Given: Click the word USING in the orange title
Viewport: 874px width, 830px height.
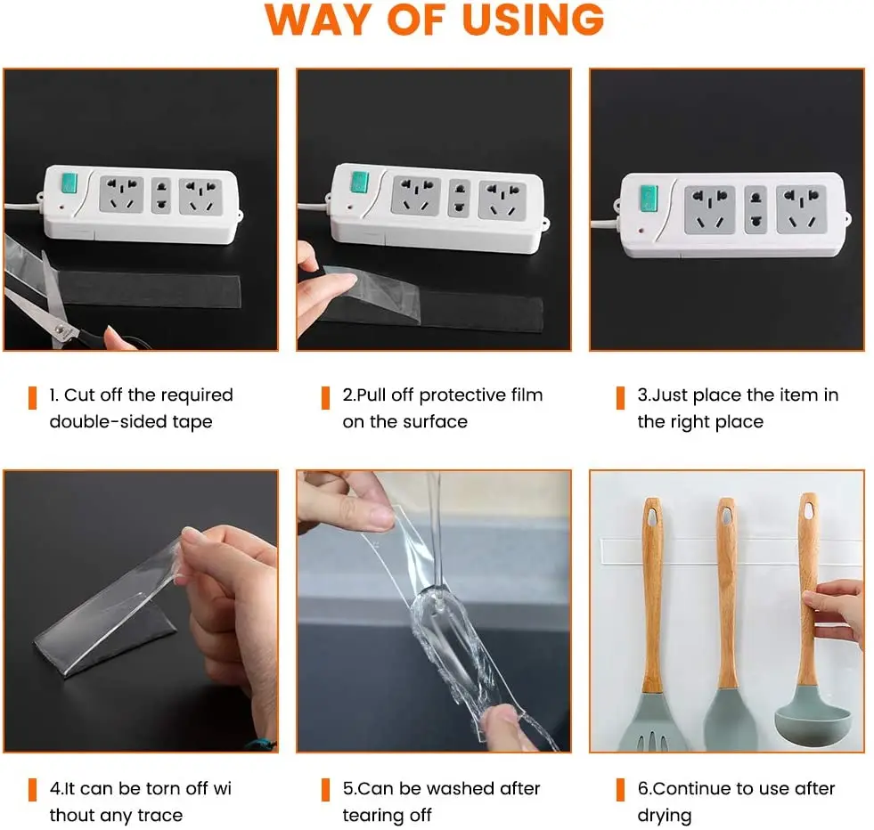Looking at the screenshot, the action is click(533, 20).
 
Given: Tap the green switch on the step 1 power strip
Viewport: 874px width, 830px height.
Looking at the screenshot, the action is click(69, 183).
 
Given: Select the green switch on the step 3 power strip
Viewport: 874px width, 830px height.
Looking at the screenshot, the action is click(649, 199).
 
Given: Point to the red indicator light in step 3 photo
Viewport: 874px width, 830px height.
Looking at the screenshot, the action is click(641, 230).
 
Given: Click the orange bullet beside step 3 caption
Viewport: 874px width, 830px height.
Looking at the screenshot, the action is click(620, 398).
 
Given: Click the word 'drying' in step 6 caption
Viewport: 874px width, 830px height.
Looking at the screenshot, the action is click(665, 817).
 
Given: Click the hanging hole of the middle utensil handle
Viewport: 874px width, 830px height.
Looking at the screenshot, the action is click(726, 516).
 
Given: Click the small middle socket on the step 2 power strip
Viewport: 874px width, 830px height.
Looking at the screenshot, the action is click(460, 198).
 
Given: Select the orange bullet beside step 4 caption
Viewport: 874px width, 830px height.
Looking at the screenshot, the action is click(32, 790).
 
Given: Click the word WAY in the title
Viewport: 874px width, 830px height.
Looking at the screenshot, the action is click(318, 20).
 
